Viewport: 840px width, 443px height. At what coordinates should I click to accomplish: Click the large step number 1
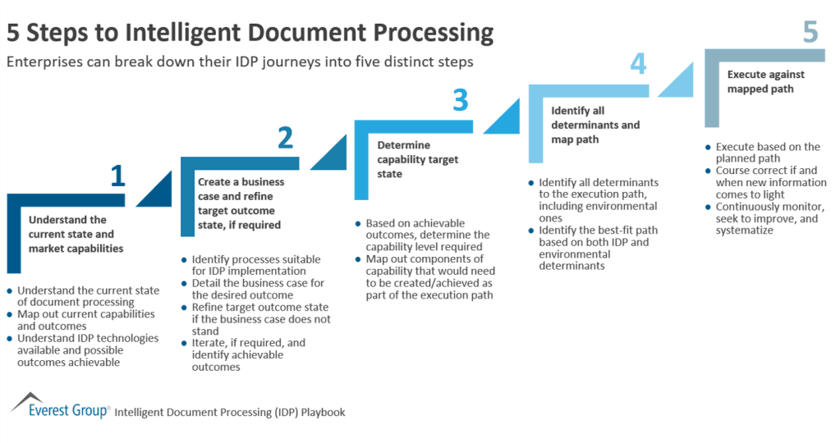click(118, 176)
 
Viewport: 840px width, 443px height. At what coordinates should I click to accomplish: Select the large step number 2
click(285, 138)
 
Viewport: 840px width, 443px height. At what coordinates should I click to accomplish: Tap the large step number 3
click(461, 100)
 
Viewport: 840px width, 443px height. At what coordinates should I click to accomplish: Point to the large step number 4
click(638, 64)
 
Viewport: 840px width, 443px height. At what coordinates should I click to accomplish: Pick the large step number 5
click(810, 32)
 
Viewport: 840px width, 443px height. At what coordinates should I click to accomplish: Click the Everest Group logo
click(59, 407)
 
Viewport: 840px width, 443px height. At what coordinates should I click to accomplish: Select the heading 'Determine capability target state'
click(417, 159)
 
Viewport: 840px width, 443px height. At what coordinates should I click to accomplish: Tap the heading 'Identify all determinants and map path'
click(594, 124)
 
